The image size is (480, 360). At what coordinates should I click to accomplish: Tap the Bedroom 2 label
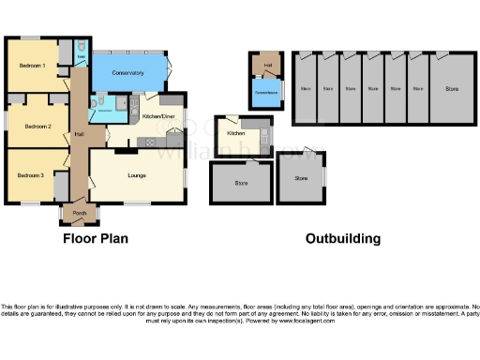tap(37, 125)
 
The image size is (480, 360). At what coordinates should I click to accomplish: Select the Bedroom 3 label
tap(31, 175)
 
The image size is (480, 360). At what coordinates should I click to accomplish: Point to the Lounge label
tap(137, 174)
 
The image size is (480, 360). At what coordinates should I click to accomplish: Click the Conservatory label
tap(127, 72)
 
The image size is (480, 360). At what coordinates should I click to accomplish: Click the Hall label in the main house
tap(79, 134)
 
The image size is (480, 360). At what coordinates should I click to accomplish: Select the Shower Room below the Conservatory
tap(105, 111)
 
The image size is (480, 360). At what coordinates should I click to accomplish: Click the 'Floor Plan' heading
tap(96, 239)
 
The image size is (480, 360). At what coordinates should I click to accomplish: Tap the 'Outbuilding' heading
tap(343, 239)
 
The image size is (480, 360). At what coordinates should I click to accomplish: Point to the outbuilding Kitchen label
tap(236, 134)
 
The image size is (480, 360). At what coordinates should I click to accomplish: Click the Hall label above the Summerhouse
tap(267, 64)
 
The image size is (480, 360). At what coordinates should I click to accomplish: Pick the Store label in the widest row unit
tap(452, 89)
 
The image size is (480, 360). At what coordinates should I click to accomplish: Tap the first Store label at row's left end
tap(305, 89)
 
